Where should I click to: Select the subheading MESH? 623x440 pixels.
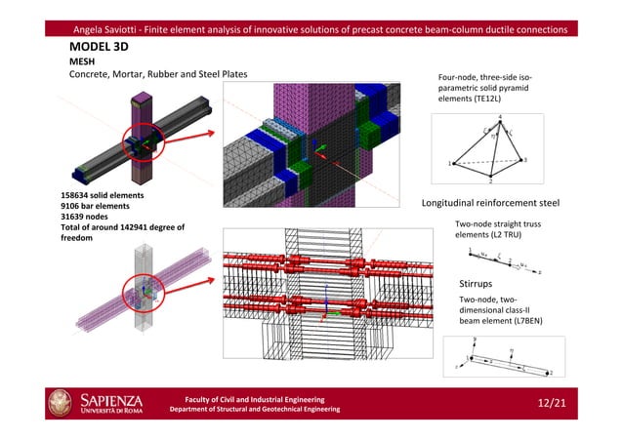click(83, 61)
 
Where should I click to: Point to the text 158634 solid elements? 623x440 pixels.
click(103, 195)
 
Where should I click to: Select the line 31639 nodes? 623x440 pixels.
click(87, 217)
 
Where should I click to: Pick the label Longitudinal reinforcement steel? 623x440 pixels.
click(489, 204)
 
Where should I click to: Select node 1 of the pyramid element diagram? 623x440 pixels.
click(450, 164)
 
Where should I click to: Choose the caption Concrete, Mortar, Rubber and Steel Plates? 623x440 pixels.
click(157, 75)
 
